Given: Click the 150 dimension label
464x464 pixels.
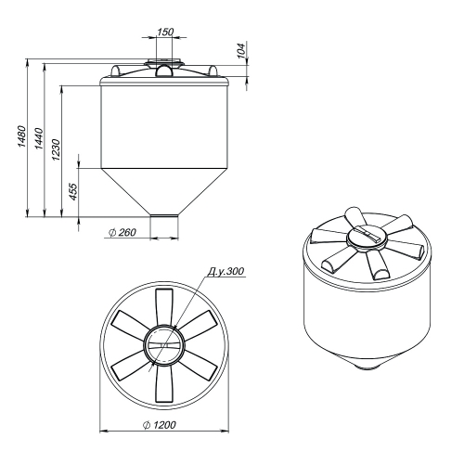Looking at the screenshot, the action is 165,32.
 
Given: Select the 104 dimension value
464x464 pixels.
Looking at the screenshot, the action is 241,50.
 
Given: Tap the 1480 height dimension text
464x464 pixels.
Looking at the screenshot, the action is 21,136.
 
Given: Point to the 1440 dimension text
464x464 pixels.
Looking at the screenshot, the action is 39,138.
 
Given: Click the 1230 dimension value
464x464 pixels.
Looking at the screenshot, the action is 56,149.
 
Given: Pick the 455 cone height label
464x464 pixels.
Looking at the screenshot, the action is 73,192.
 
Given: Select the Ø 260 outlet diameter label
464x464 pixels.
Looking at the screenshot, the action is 122,232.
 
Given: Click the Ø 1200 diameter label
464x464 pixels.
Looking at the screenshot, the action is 160,425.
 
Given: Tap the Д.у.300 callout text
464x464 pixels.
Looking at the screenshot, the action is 226,271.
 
